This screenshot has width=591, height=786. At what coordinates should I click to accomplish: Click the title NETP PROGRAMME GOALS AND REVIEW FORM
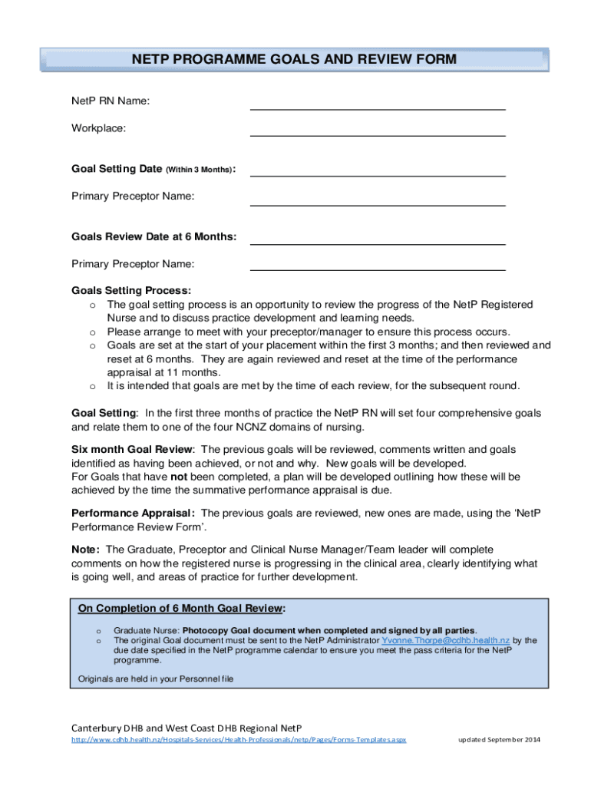point(294,59)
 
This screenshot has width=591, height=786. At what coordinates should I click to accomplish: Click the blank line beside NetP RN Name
point(378,108)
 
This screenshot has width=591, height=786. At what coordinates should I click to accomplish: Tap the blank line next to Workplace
point(378,134)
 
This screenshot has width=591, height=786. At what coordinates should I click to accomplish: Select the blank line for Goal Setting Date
point(378,174)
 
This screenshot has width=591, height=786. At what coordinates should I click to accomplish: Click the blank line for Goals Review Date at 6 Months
point(378,243)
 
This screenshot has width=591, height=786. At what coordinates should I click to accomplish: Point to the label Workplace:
point(98,128)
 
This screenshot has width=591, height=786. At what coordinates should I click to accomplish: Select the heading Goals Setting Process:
point(131,291)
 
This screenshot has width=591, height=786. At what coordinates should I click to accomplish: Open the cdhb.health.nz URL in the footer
point(239,740)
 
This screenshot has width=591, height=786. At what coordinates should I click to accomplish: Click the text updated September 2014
point(500,740)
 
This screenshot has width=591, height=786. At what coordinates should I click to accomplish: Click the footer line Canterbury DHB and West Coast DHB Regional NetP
point(187,727)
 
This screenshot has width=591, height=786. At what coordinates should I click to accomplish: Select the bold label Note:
point(85,550)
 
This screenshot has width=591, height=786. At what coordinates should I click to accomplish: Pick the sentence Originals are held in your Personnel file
point(156,679)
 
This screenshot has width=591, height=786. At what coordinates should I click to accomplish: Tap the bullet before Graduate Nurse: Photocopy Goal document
point(98,630)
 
